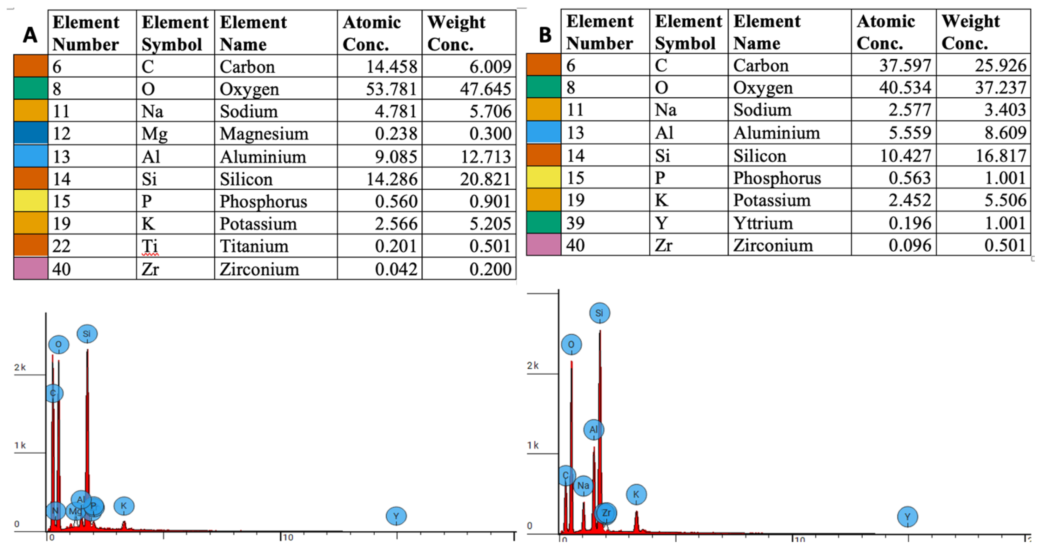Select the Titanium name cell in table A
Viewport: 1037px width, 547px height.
point(254,246)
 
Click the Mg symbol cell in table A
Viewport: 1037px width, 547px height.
point(155,134)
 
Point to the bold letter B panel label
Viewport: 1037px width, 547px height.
point(545,35)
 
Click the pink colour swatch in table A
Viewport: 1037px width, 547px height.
point(30,269)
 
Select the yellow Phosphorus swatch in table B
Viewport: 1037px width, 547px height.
point(544,178)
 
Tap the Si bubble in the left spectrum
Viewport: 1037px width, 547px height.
point(87,334)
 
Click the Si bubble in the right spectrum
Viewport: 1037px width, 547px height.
point(599,313)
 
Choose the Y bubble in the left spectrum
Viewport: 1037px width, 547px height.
point(396,516)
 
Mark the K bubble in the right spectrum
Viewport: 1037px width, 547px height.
point(636,494)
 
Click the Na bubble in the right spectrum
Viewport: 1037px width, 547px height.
point(583,486)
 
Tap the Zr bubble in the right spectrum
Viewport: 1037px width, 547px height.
point(606,513)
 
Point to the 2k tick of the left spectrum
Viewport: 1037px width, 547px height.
point(20,367)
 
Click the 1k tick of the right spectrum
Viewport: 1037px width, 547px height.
point(532,445)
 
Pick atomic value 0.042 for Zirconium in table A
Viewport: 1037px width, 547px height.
point(396,269)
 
